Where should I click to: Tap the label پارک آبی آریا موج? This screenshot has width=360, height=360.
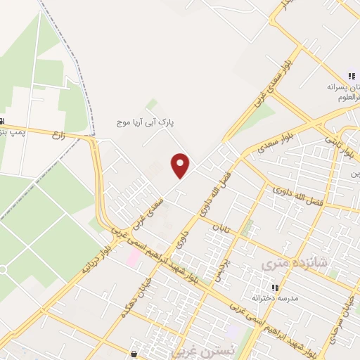tap(145, 122)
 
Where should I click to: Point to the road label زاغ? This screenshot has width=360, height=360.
tap(58, 136)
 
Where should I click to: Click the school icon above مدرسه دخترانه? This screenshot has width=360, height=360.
tap(276, 288)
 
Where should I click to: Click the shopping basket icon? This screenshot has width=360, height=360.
tap(134, 353)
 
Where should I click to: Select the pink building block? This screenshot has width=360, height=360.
tap(132, 257)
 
